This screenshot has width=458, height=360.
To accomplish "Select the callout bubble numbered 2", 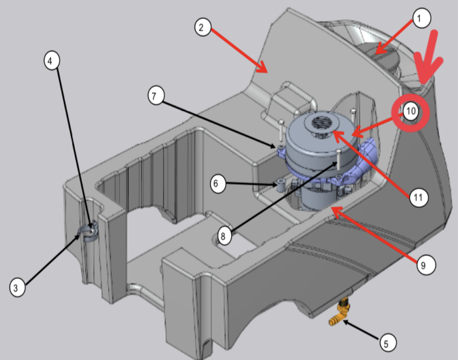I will [x=202, y=27].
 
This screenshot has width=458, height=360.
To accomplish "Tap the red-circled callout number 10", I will [x=411, y=112].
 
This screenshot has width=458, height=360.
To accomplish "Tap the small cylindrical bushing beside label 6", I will [x=280, y=185].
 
